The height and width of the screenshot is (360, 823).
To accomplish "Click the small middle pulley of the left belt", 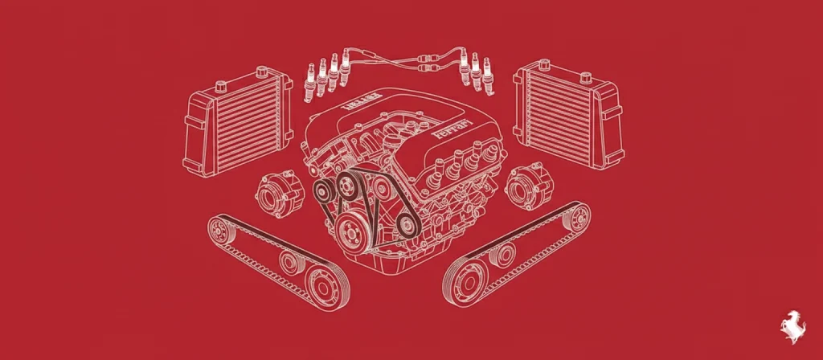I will tap(286, 261).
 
